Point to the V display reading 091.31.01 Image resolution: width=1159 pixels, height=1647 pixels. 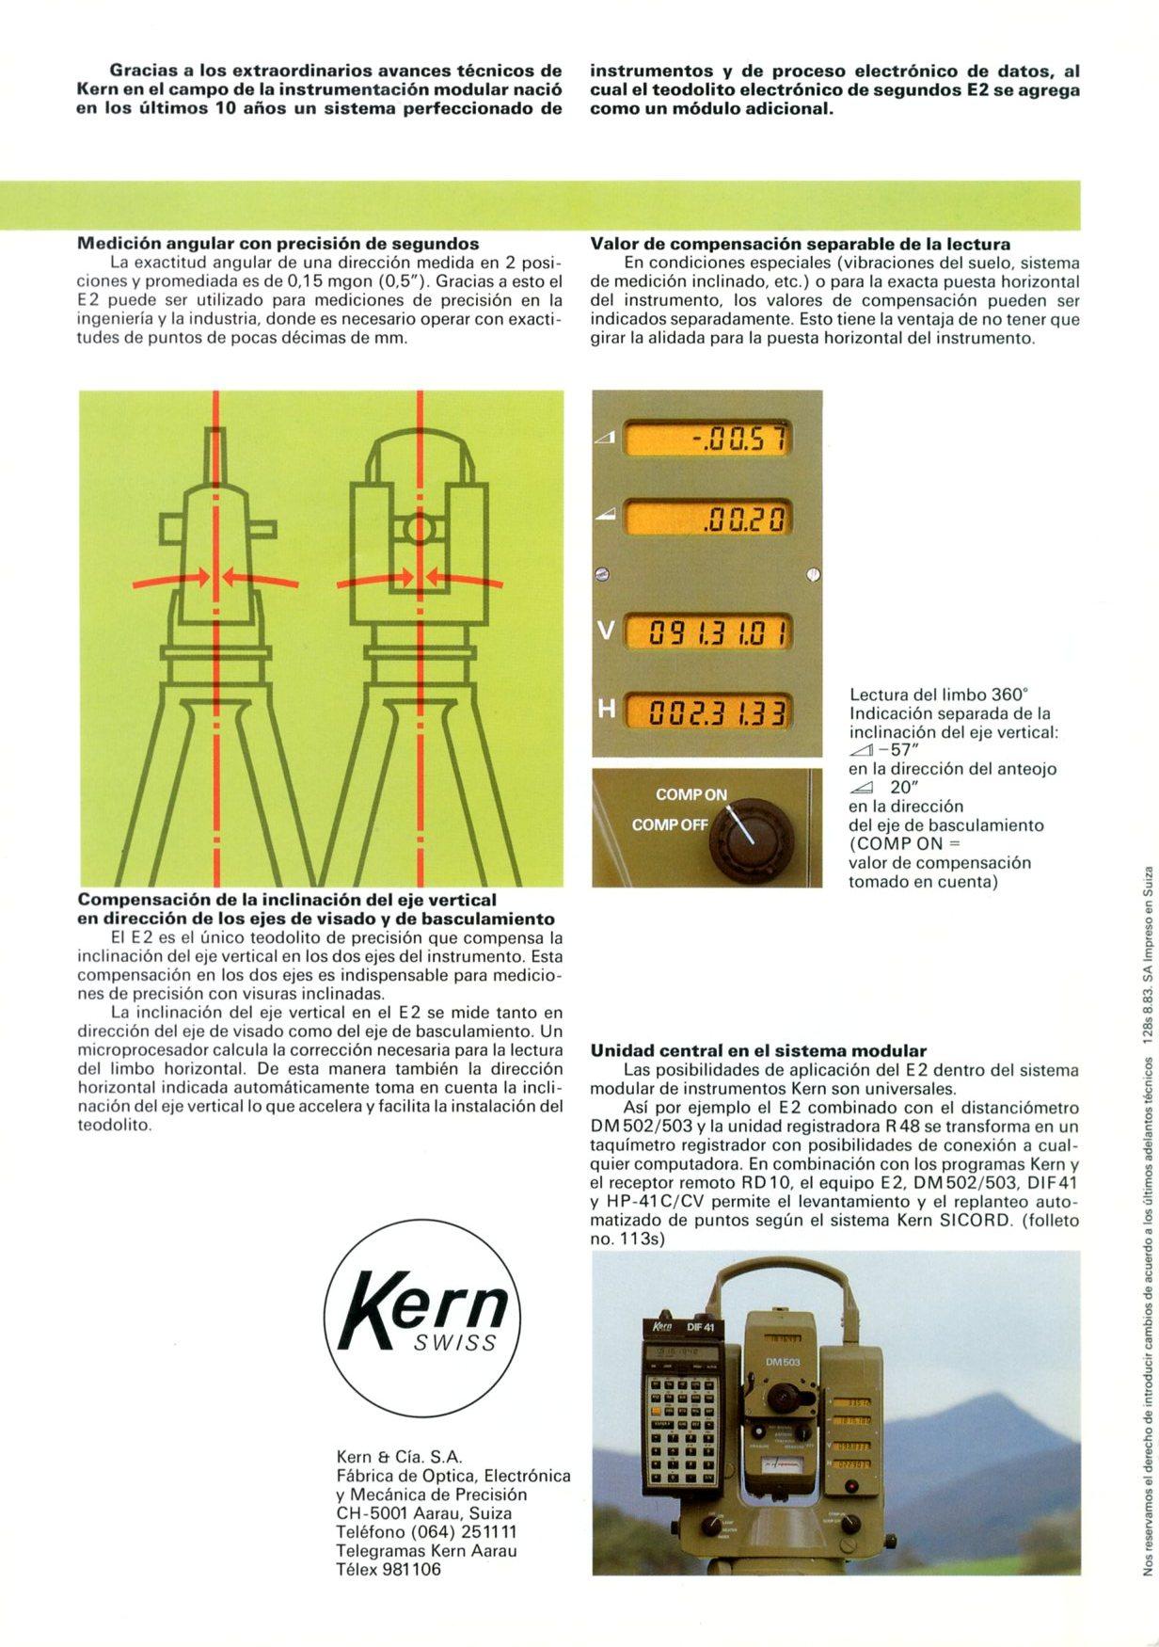709,632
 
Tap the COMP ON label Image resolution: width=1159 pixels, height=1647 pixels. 691,794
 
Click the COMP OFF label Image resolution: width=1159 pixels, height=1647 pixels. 670,824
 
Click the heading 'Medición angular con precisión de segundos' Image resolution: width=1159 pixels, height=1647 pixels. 278,243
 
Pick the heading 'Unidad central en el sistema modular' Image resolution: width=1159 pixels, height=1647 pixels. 758,1050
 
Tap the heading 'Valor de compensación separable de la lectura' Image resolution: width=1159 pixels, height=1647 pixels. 801,244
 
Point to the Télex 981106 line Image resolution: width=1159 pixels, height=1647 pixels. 389,1570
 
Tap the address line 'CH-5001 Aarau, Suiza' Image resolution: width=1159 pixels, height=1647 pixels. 424,1513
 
